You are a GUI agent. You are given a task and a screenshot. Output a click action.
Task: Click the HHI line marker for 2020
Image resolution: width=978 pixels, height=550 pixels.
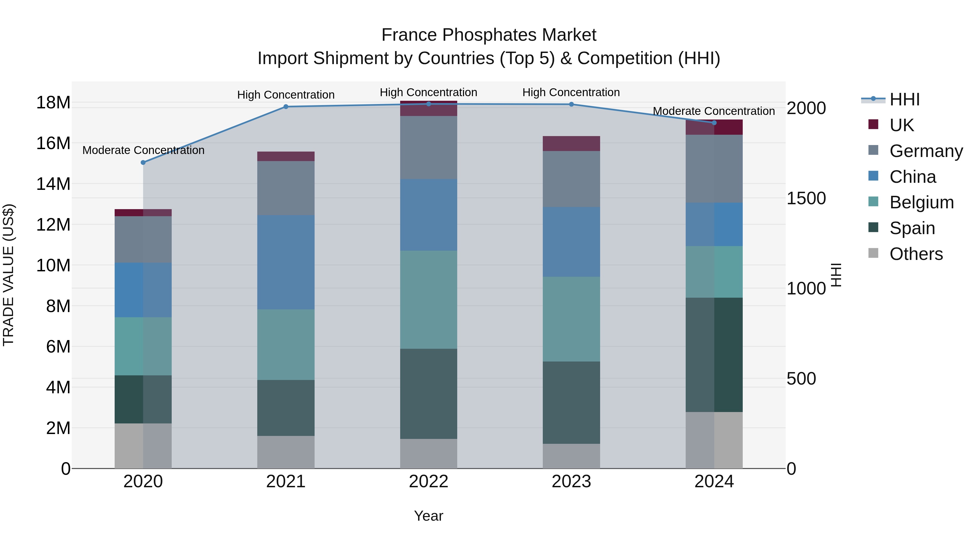coord(143,162)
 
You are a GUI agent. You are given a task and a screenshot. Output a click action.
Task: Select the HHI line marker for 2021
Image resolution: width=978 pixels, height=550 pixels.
coord(286,107)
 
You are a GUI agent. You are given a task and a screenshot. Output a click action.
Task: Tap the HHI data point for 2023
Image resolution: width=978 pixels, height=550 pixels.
coord(571,104)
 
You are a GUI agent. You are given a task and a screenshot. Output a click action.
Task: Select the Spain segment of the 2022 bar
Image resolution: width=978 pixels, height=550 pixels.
coord(429,394)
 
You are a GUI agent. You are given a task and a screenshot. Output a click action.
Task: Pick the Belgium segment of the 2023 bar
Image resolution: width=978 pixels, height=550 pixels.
coord(571,319)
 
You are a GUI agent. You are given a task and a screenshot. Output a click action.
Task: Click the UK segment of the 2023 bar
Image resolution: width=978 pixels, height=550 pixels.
coord(571,143)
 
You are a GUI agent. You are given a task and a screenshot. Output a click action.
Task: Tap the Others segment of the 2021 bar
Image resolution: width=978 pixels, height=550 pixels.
coord(286,452)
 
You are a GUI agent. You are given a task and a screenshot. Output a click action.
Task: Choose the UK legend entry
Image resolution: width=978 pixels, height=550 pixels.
coord(901,125)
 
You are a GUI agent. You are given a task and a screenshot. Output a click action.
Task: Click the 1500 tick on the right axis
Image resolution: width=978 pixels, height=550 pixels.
coord(806,198)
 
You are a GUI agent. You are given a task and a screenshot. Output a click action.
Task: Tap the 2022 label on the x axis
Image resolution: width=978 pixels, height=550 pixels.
coord(429,482)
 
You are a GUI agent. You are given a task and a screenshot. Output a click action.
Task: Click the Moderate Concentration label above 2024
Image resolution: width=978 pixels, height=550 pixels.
coord(714,111)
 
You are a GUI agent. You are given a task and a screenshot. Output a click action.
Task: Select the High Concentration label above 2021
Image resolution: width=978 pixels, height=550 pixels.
coord(286,95)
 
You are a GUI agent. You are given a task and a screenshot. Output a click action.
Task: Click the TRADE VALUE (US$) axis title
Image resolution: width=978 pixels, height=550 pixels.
coord(8,275)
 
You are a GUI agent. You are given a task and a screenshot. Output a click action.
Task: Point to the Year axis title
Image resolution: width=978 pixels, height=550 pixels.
coord(429,516)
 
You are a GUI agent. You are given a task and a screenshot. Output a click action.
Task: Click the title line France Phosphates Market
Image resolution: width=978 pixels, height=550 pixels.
coord(489,35)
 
